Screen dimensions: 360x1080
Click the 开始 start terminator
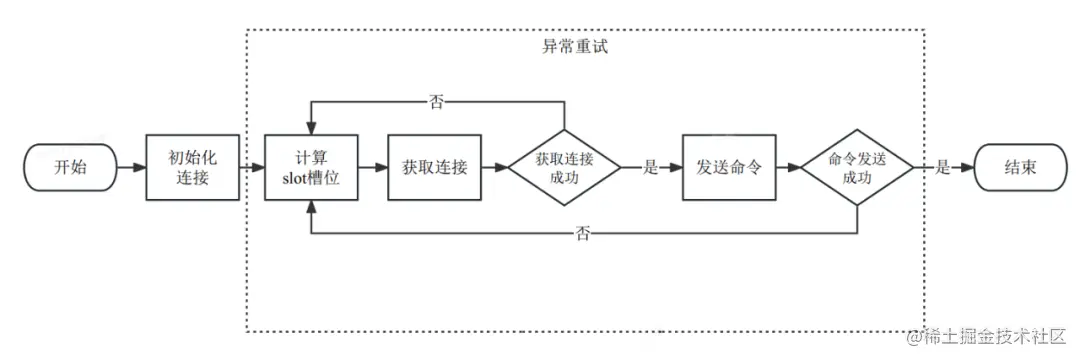70,167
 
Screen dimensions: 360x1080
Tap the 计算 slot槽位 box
313,167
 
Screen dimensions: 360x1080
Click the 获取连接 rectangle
434,167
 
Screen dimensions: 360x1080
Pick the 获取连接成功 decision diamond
564,167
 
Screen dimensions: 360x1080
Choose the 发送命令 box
729,167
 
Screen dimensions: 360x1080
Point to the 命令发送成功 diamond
857,167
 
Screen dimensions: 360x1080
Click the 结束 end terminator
1020,167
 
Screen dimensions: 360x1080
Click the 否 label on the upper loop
436,101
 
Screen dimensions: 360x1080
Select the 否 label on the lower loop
583,233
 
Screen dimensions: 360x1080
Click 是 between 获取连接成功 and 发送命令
651,168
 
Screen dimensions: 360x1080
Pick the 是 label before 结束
942,168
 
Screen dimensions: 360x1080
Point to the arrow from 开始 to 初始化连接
131,167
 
